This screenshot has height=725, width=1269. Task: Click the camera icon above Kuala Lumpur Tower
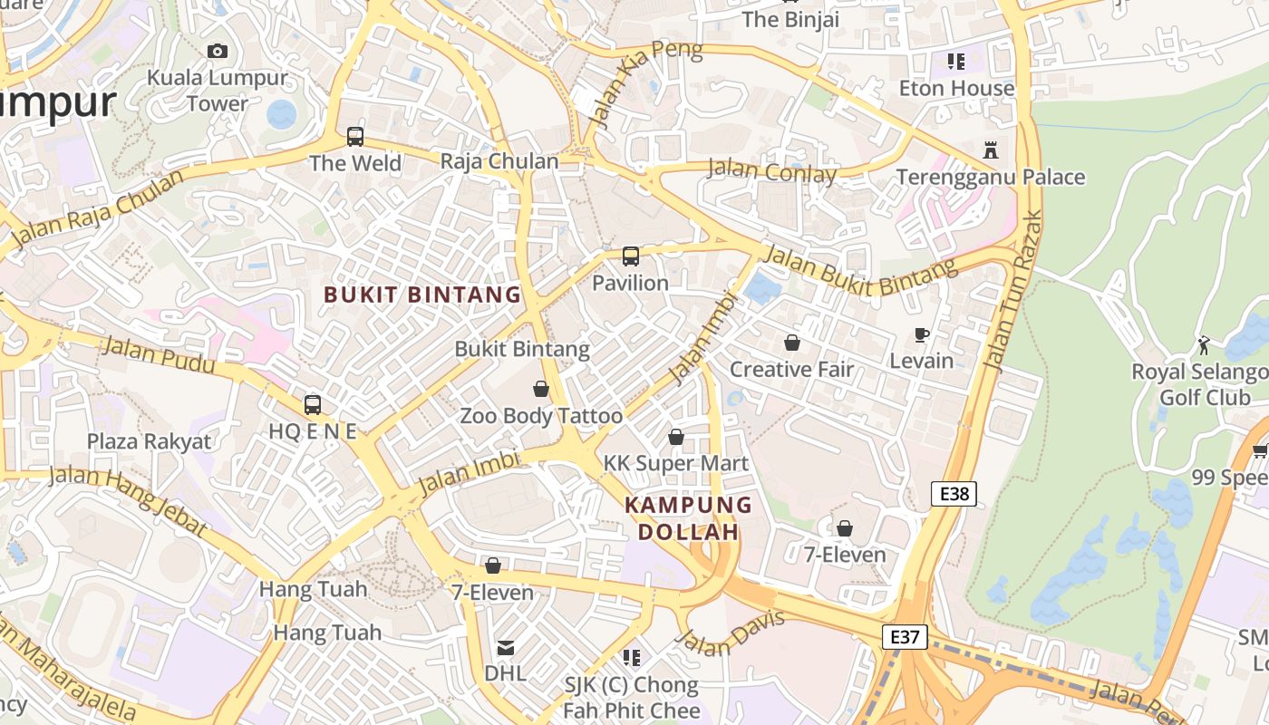pos(217,51)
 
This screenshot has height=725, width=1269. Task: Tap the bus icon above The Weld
pos(355,137)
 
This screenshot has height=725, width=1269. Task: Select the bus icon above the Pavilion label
pos(631,256)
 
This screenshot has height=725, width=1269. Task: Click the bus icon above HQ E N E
pos(313,405)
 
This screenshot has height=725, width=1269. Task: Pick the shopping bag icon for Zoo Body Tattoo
pos(541,389)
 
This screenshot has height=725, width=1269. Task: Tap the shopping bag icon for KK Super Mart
pos(676,437)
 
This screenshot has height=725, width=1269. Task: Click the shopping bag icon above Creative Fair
pos(792,343)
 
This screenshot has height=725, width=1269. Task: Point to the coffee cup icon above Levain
pos(922,334)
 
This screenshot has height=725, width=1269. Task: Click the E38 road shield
pos(954,494)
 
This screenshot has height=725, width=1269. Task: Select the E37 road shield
pos(905,637)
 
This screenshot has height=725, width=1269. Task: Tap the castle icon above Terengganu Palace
pos(990,150)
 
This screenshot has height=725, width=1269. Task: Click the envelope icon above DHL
pos(506,648)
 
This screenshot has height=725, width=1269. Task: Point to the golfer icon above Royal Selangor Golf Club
pos(1204,345)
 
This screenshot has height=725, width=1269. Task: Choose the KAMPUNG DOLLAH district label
pos(689,518)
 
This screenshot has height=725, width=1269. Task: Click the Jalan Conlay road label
pos(770,170)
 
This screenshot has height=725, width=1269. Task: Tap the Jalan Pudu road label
pos(159,354)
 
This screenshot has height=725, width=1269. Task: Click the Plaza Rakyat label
pos(149,441)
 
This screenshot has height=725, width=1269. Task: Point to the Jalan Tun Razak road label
pos(1012,291)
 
